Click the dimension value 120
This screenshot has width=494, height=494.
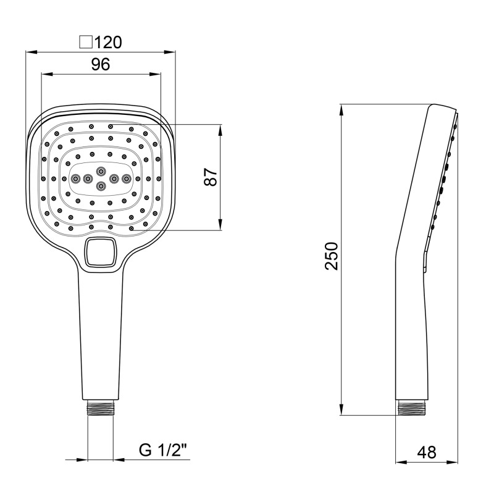(x=108, y=42)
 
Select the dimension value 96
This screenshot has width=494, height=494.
(x=101, y=64)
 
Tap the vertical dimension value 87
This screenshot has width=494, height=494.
(x=211, y=177)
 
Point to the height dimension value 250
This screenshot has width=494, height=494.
(x=331, y=256)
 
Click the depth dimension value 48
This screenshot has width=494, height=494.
(x=427, y=453)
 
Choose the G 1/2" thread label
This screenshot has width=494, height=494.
(x=163, y=451)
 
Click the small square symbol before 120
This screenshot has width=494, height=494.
(x=86, y=43)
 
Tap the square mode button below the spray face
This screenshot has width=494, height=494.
(x=101, y=252)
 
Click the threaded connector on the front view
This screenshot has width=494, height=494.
(x=100, y=408)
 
